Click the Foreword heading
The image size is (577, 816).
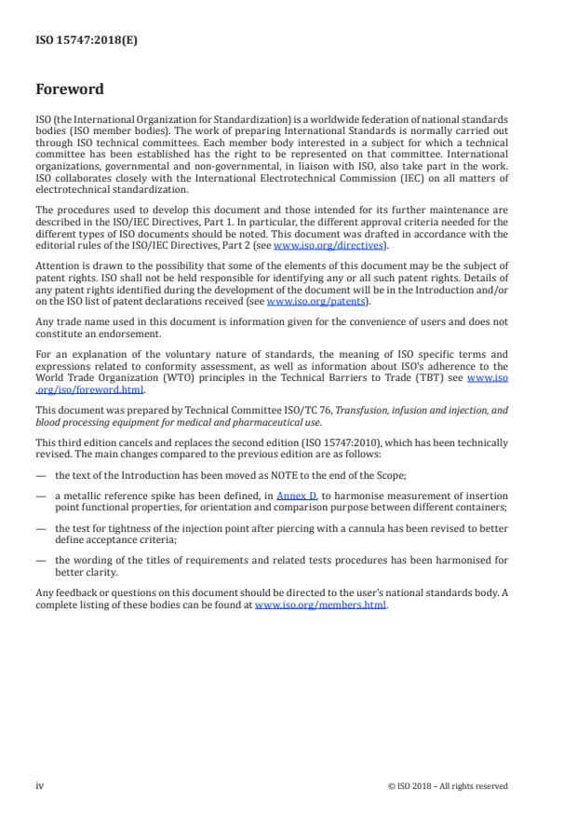click(70, 90)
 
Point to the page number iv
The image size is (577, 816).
click(40, 785)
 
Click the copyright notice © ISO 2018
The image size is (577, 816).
click(448, 785)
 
